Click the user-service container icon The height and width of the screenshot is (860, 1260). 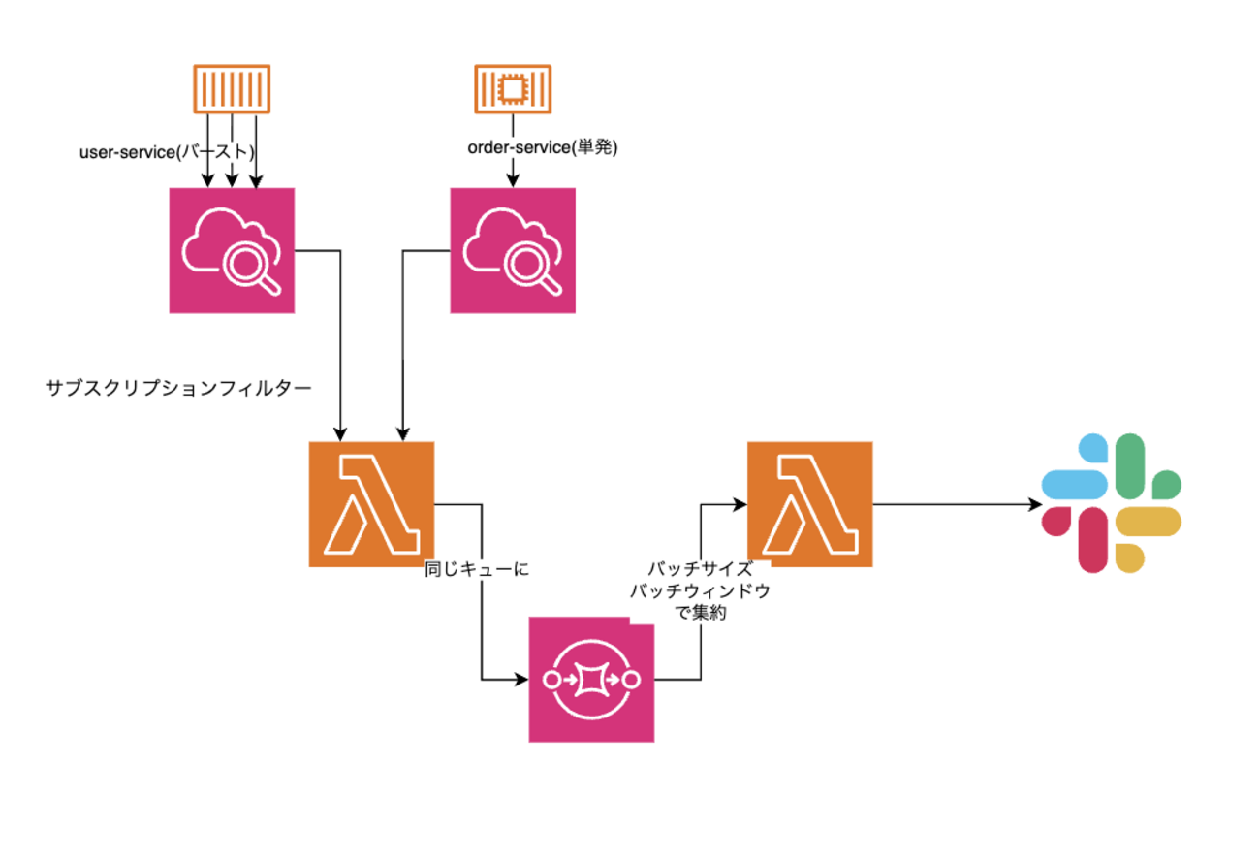[232, 89]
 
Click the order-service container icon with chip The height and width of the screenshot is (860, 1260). [512, 89]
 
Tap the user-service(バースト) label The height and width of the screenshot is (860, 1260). [167, 151]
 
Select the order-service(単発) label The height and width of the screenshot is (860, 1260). [543, 148]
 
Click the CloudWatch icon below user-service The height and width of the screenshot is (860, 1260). [232, 250]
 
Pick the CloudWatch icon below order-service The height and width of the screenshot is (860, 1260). [513, 250]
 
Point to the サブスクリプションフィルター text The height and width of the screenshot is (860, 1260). [178, 388]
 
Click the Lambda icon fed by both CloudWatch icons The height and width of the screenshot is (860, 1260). [371, 504]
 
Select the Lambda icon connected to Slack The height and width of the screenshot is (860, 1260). [810, 504]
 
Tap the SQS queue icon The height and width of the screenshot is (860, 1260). [591, 680]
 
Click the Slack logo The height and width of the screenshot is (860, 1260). [1111, 503]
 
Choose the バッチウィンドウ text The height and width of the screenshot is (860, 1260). [700, 591]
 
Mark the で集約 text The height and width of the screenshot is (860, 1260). [700, 613]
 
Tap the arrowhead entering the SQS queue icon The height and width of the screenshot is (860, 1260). [520, 680]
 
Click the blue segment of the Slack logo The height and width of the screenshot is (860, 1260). [1074, 480]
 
